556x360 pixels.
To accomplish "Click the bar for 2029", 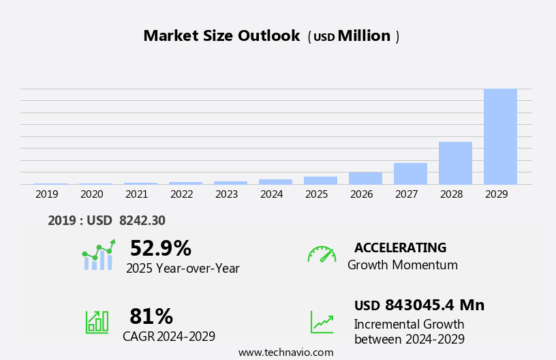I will click(500, 136).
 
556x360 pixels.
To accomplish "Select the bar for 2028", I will click(455, 163).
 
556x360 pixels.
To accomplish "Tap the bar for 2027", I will click(410, 174).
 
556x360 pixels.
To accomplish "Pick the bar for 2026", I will click(365, 178).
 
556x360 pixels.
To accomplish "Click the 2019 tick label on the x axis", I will click(47, 194).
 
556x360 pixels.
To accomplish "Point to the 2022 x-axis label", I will click(182, 194).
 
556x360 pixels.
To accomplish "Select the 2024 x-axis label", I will click(272, 194).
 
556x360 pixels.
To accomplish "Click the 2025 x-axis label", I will click(317, 194).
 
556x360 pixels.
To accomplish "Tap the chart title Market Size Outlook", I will click(221, 36).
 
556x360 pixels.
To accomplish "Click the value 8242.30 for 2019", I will click(142, 220).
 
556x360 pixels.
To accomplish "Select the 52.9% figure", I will click(160, 248).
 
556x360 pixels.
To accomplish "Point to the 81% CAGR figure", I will click(151, 316).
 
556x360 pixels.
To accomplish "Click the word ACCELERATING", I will click(400, 247).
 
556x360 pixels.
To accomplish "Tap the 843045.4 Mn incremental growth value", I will click(434, 305).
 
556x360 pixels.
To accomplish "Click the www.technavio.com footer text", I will click(285, 352).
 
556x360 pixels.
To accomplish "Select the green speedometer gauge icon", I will click(322, 254).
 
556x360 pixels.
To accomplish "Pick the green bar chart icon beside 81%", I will click(97, 321).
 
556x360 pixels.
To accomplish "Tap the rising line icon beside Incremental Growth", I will click(322, 322).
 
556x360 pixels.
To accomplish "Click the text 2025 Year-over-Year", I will click(183, 269).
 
